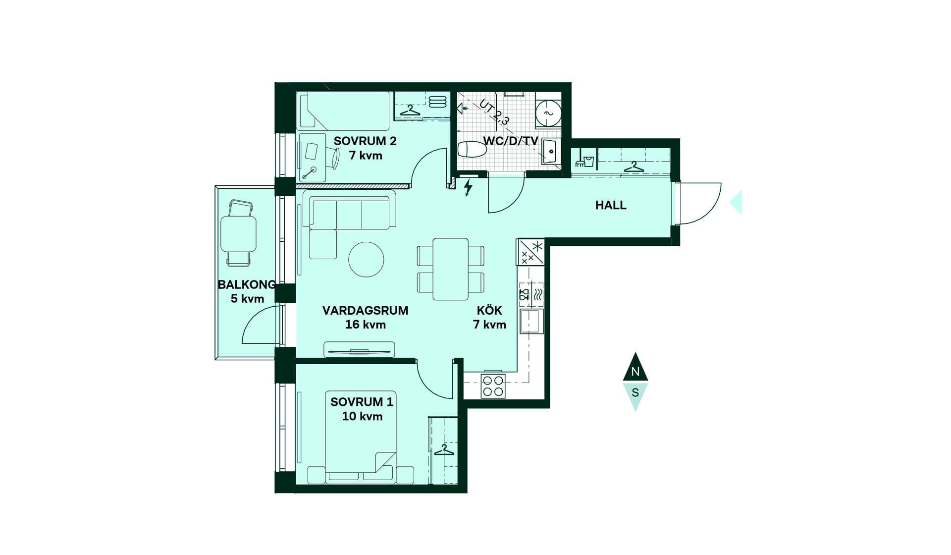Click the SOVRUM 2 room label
[x=365, y=141]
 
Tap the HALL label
[x=611, y=205]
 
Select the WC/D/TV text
[x=511, y=141]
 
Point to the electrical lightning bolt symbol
[x=468, y=188]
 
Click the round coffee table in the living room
[x=366, y=259]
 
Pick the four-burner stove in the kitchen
[x=493, y=387]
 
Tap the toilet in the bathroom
[x=472, y=149]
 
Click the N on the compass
[x=635, y=372]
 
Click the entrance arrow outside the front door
[x=736, y=202]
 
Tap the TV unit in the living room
[x=359, y=349]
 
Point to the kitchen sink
[x=531, y=321]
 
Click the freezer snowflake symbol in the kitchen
[x=537, y=246]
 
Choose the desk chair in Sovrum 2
[x=334, y=158]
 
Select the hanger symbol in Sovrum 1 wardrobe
[x=444, y=450]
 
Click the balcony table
[x=238, y=234]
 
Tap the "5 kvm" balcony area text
[x=247, y=299]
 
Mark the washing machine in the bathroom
[x=548, y=113]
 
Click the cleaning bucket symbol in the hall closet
[x=585, y=161]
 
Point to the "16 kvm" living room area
[x=366, y=325]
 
